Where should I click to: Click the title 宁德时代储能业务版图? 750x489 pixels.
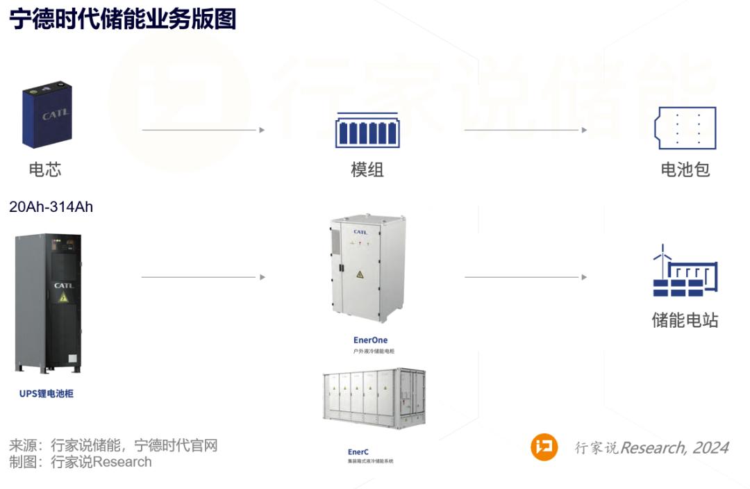[x=122, y=19]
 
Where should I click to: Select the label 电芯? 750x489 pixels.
[x=45, y=169]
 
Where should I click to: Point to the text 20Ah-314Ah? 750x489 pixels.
[x=51, y=207]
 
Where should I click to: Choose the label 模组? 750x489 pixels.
[x=367, y=169]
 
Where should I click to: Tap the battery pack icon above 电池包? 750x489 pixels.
[x=685, y=129]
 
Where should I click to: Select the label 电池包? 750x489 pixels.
[x=685, y=169]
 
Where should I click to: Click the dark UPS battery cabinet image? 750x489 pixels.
[x=48, y=304]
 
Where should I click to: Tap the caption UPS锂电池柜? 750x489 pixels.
[x=47, y=394]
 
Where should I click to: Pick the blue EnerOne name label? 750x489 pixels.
[x=370, y=340]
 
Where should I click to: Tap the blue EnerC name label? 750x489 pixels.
[x=358, y=451]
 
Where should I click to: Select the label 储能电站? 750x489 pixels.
[x=685, y=321]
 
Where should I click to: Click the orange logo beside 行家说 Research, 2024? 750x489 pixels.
[x=544, y=447]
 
